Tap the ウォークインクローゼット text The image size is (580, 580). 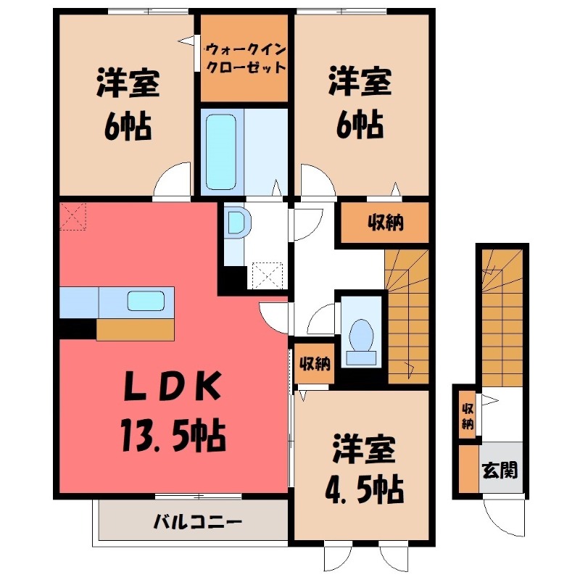(x=244, y=57)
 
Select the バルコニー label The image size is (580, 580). (x=186, y=521)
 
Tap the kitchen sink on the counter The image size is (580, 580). (x=146, y=300)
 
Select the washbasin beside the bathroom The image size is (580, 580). (x=235, y=223)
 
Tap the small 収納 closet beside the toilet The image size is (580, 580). (x=313, y=362)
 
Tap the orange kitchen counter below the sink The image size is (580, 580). (x=136, y=329)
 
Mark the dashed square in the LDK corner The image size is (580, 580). (x=73, y=215)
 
